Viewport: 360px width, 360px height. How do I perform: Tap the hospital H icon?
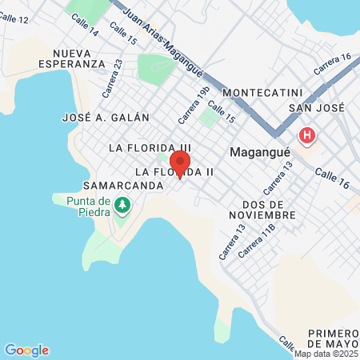[306, 135]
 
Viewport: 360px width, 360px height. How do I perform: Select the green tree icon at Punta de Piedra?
[122, 206]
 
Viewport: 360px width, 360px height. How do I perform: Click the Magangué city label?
[256, 150]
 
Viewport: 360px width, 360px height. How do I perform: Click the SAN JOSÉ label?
[315, 107]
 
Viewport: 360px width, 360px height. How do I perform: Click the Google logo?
[26, 350]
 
